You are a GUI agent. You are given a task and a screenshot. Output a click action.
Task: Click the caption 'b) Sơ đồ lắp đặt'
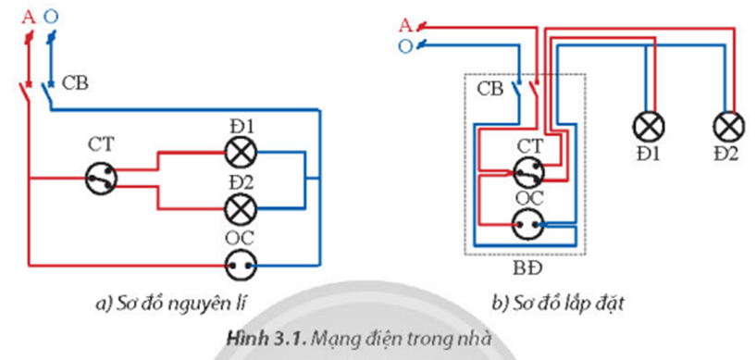[x=554, y=303]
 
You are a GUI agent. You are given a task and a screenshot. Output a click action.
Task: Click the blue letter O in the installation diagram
[x=403, y=45]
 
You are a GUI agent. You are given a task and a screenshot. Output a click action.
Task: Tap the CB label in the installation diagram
[x=490, y=90]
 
